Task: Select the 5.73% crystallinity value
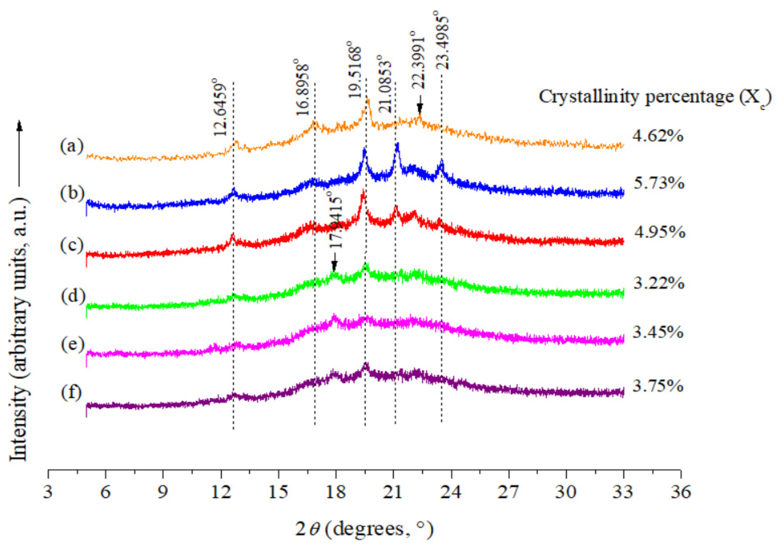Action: pos(659,184)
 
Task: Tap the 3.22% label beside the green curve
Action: pos(659,284)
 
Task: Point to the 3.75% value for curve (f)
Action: pos(658,386)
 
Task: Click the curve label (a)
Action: pos(72,147)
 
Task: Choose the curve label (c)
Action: pos(72,246)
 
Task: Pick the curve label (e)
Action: pos(72,345)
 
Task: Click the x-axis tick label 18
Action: pos(336,492)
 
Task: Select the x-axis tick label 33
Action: pos(623,492)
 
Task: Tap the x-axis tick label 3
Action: pos(48,492)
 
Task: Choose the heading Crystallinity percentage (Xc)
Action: pos(655,97)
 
